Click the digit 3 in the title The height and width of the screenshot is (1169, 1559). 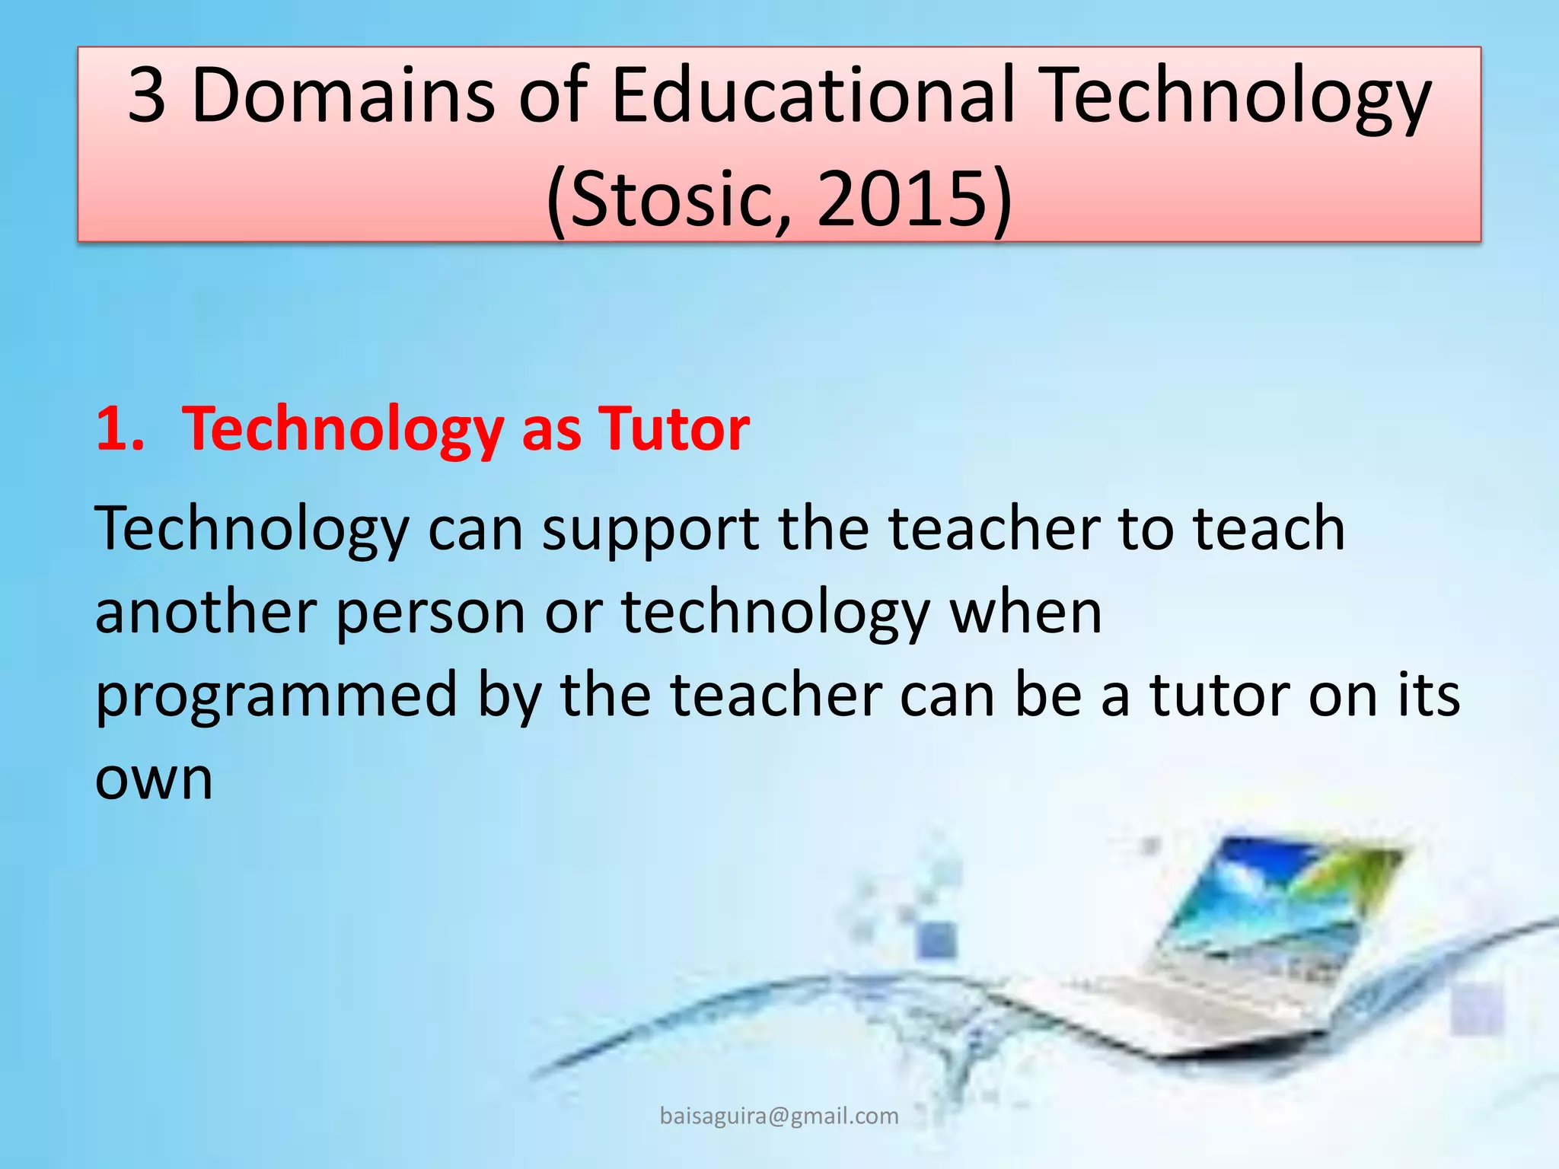(147, 95)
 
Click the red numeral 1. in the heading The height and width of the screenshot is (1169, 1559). (120, 429)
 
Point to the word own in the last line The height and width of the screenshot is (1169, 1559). (154, 780)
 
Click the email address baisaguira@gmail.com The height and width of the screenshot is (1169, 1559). (779, 1116)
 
